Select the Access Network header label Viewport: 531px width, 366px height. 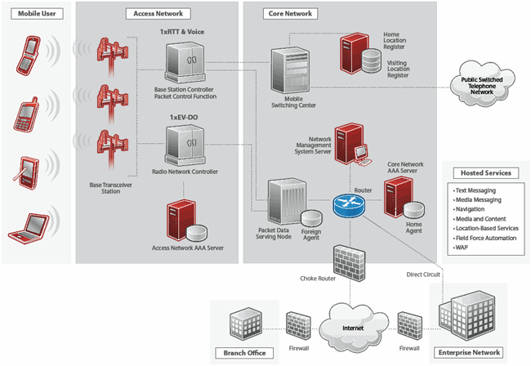[158, 13]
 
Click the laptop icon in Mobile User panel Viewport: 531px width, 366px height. [28, 226]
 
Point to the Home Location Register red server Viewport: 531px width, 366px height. [356, 52]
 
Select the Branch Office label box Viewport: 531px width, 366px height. [239, 353]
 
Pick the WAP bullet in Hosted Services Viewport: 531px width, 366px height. [463, 248]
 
